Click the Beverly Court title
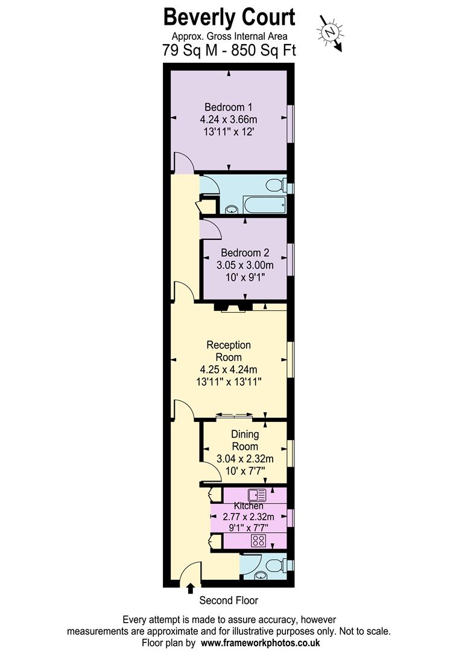tap(229, 17)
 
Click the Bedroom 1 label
tap(228, 108)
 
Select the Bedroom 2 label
tap(245, 253)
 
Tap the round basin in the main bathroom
tap(231, 210)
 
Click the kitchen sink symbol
tap(256, 495)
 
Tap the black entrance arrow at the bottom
tap(191, 588)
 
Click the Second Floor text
tap(229, 600)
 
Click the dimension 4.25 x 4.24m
tap(229, 370)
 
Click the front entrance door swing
tap(190, 573)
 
